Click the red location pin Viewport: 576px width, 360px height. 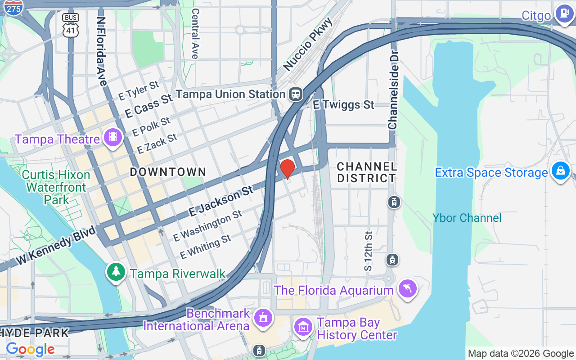[x=288, y=169]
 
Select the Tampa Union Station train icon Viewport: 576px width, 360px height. [x=296, y=94]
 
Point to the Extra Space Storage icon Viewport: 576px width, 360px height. [x=561, y=171]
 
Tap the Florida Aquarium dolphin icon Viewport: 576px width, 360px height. [x=408, y=288]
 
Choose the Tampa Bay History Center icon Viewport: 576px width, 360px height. [x=304, y=327]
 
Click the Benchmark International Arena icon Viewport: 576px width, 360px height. [x=263, y=317]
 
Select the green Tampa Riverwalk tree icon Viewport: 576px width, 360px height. [x=117, y=272]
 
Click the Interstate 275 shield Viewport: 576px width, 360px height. [x=14, y=8]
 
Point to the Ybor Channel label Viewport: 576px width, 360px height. [x=467, y=218]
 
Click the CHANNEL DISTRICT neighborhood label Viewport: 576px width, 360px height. [x=366, y=172]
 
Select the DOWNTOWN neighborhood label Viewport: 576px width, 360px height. [x=168, y=171]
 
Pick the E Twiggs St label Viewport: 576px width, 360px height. [x=343, y=105]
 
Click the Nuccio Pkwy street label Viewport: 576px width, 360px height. [x=308, y=44]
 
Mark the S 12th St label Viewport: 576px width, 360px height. [x=369, y=251]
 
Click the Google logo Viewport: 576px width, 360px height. [x=30, y=349]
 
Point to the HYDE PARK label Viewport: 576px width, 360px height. [x=34, y=333]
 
